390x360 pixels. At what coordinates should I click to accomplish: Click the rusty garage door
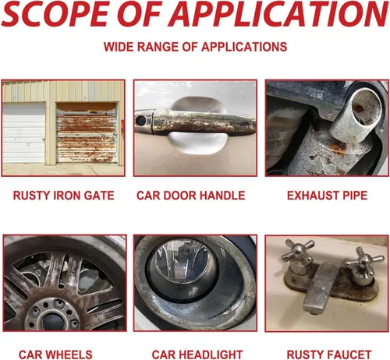click(87, 133)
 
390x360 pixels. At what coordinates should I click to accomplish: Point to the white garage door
click(24, 132)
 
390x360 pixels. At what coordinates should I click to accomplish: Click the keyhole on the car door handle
click(140, 120)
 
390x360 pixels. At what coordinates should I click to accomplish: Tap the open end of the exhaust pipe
click(367, 104)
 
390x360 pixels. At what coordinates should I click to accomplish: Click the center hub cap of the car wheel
click(52, 322)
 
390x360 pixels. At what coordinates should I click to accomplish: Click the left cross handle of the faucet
click(298, 251)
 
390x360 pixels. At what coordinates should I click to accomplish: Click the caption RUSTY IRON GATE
click(64, 196)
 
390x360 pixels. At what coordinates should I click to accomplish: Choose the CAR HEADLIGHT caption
click(197, 355)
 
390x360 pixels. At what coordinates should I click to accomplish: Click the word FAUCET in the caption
click(349, 355)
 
